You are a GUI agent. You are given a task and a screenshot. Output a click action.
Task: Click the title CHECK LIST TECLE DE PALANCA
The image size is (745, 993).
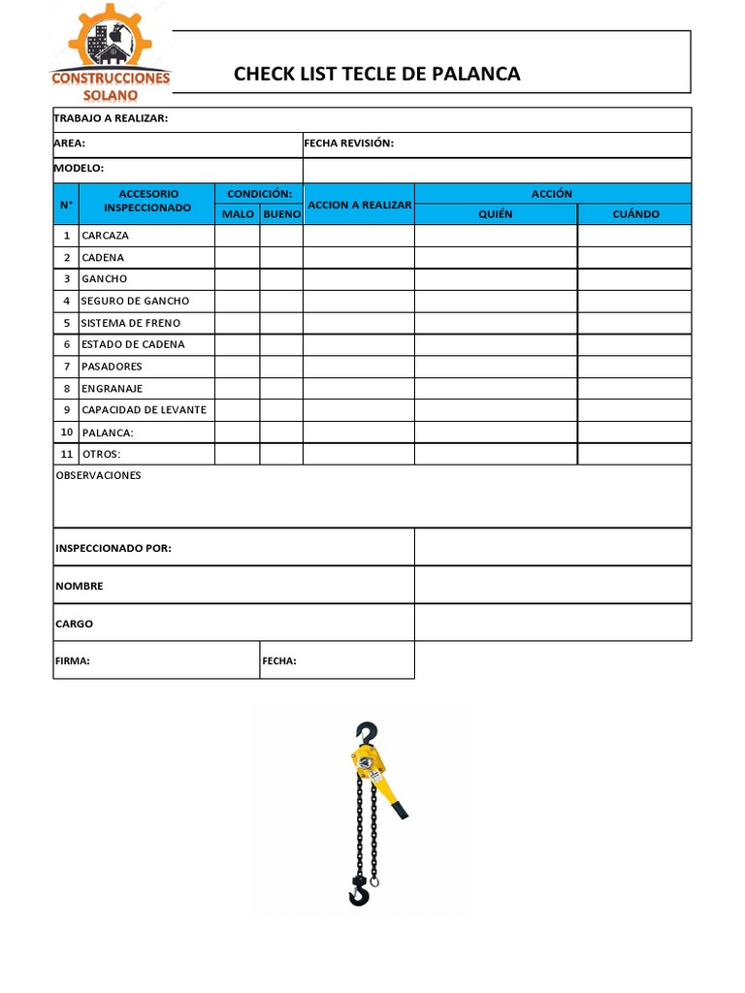(x=377, y=74)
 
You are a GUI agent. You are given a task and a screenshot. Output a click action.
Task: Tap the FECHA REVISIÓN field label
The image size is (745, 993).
(x=349, y=144)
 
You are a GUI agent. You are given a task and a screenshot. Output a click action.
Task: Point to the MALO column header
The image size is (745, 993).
(x=238, y=213)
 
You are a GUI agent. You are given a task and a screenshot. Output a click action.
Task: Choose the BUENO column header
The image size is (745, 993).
(x=281, y=213)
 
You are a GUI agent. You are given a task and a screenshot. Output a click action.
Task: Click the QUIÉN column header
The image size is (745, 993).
(x=496, y=213)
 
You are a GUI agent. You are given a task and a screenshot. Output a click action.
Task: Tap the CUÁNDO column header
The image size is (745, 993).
(x=634, y=213)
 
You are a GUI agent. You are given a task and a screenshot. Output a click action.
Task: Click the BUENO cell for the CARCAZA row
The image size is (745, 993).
(x=281, y=236)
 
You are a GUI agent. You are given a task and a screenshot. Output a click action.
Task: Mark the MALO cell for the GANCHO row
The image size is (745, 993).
(x=238, y=279)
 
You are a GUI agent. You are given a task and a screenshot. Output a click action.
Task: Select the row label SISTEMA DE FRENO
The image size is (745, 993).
(x=131, y=323)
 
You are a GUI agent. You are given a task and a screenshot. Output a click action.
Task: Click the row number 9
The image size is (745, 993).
(x=67, y=409)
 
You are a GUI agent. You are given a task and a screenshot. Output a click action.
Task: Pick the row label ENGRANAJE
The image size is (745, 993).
(x=112, y=388)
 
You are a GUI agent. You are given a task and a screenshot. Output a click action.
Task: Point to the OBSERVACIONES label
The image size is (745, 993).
(x=98, y=475)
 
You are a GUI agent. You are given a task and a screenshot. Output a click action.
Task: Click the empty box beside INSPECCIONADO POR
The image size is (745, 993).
(x=553, y=548)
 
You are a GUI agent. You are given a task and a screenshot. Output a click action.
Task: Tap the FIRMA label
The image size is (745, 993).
(x=73, y=661)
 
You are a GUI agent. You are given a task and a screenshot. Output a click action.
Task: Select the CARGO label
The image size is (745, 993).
(x=74, y=624)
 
